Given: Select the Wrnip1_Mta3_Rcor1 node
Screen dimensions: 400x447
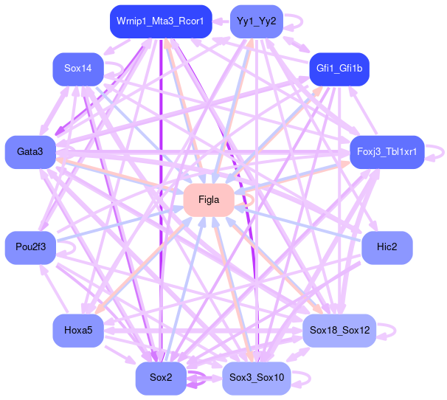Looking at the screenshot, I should pyautogui.click(x=160, y=21).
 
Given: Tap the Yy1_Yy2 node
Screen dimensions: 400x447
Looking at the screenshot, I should pyautogui.click(x=256, y=21).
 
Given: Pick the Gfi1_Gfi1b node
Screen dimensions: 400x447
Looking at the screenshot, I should pyautogui.click(x=339, y=69).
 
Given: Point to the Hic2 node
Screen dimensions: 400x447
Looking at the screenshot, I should pyautogui.click(x=387, y=246).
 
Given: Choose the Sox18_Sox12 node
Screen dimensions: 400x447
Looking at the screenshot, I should pyautogui.click(x=339, y=330).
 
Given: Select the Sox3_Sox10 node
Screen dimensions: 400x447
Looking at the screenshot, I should pyautogui.click(x=256, y=378).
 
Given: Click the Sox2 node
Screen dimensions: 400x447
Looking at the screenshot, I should pyautogui.click(x=160, y=378).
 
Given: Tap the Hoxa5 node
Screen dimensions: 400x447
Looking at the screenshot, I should pyautogui.click(x=77, y=330).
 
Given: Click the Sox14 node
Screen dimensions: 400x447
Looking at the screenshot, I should pyautogui.click(x=77, y=69).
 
